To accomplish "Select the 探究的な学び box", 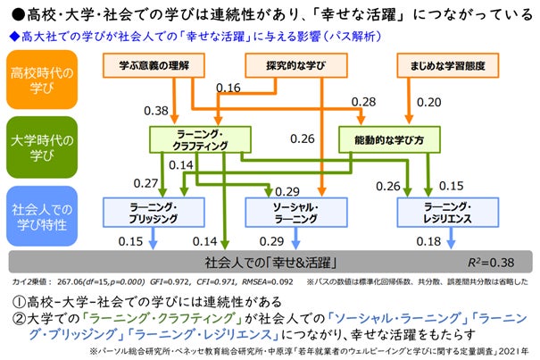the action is pyautogui.click(x=295, y=64).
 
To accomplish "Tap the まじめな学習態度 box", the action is pyautogui.click(x=444, y=64).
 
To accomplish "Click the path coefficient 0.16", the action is pyautogui.click(x=228, y=88).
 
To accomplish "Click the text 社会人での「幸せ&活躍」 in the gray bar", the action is pyautogui.click(x=269, y=264).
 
